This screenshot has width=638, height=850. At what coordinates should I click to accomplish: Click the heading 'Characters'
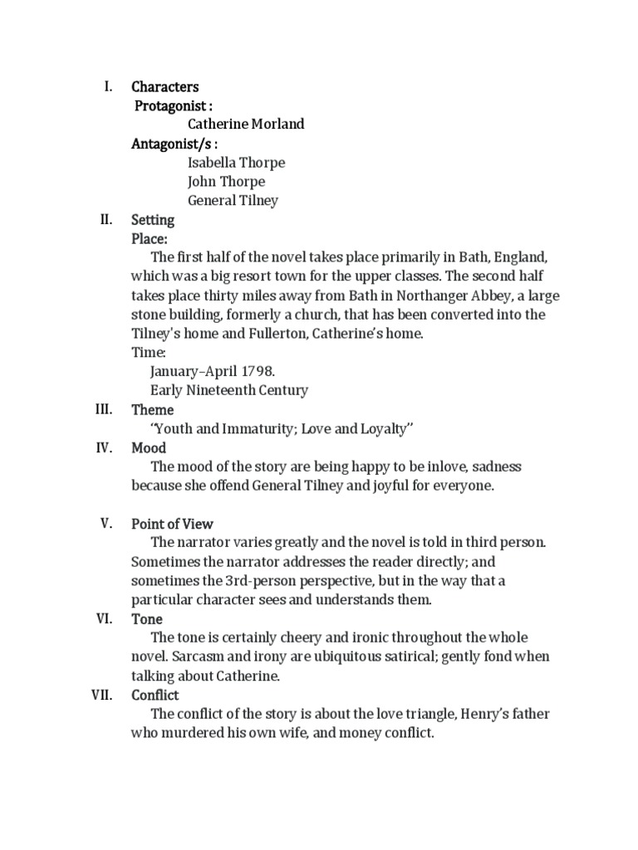[164, 86]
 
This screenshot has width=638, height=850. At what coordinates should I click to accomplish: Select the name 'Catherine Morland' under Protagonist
[246, 124]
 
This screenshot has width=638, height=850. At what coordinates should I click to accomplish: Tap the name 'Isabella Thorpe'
[236, 163]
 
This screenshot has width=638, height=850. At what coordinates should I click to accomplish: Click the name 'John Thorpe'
[226, 182]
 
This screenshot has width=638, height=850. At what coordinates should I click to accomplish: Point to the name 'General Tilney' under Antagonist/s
[233, 200]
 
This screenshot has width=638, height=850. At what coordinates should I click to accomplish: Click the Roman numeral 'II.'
[106, 220]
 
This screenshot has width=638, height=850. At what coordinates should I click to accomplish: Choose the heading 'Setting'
[153, 220]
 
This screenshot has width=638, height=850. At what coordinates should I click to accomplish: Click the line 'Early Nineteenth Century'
[229, 390]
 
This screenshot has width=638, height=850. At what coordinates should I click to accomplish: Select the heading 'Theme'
[153, 409]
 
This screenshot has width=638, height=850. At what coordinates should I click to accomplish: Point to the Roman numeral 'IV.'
[104, 447]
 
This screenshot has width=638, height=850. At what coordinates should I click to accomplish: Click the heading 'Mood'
[149, 448]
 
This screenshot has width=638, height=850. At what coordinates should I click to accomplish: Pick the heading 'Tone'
[147, 619]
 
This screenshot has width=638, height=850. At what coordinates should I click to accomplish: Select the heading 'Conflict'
[155, 695]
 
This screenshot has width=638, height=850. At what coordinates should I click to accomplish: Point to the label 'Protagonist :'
[174, 105]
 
